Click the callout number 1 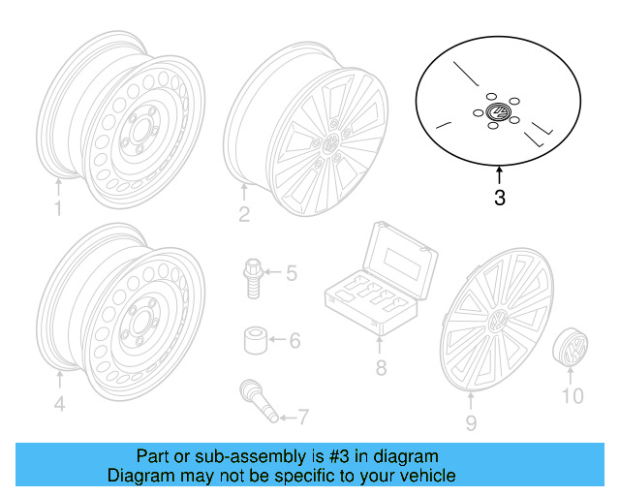(x=57, y=209)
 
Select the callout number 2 (x=244, y=214)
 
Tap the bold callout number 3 (x=499, y=200)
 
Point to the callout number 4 (x=59, y=404)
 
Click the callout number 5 (x=290, y=272)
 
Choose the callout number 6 (x=294, y=340)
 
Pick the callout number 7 (x=303, y=418)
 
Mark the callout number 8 (x=381, y=368)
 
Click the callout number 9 (x=471, y=422)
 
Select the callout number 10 (x=573, y=395)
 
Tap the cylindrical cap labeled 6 (x=254, y=341)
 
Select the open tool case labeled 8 (x=380, y=281)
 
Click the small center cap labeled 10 (x=573, y=347)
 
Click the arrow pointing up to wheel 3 (x=499, y=175)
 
